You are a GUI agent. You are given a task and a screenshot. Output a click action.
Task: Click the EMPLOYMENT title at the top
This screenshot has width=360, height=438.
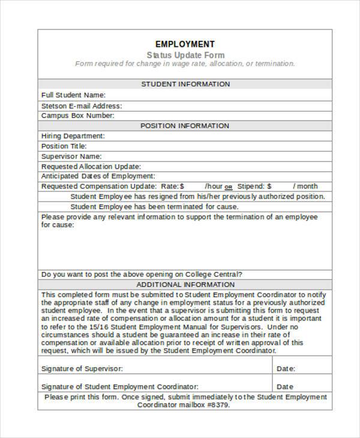[x=185, y=44]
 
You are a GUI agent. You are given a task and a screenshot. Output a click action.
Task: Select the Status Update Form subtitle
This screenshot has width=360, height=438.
[x=185, y=54]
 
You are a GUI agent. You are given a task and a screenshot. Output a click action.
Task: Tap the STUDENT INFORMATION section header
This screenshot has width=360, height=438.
[x=185, y=84]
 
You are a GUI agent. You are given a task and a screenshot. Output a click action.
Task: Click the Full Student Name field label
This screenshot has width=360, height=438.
[x=73, y=95]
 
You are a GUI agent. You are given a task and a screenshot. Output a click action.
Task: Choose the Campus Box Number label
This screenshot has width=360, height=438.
[x=77, y=115]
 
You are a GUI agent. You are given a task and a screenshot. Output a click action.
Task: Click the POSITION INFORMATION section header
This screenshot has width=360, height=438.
[x=185, y=125]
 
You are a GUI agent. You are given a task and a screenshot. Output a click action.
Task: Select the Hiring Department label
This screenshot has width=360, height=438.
[x=73, y=136]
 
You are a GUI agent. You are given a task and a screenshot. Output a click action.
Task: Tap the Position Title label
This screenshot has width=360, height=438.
[x=64, y=146]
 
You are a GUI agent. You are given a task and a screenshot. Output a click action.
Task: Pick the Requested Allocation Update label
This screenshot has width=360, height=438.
[x=91, y=166]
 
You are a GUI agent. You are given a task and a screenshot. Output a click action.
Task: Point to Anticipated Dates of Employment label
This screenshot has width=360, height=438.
[x=98, y=176]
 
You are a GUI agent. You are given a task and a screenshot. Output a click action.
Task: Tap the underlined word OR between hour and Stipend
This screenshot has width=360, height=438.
[x=229, y=187]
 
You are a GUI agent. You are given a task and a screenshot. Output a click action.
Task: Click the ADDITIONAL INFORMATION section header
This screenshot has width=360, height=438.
[x=185, y=284]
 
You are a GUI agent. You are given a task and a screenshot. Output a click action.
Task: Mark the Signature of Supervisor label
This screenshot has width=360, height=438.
[x=82, y=368]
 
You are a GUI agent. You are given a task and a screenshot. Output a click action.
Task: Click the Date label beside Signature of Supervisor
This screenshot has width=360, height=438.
[x=286, y=368]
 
